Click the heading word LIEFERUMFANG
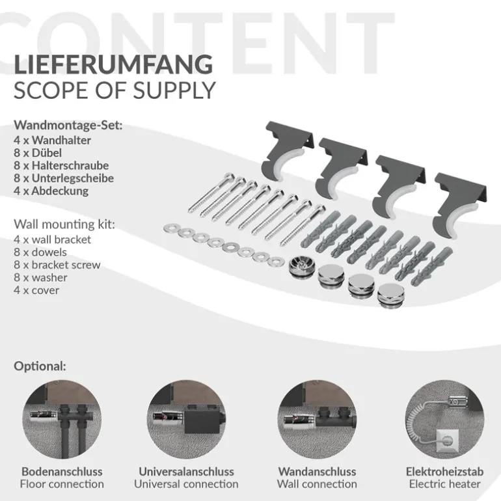click(x=113, y=64)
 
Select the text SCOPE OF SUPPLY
click(x=115, y=90)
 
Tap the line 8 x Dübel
click(x=38, y=153)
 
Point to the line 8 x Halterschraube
click(x=61, y=165)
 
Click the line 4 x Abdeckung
click(x=51, y=191)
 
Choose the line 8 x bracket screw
click(x=57, y=265)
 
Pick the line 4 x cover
click(x=36, y=290)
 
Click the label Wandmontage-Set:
click(x=68, y=125)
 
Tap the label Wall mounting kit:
click(x=64, y=224)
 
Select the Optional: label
click(x=40, y=366)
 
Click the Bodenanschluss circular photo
click(x=62, y=419)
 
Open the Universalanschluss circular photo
click(x=186, y=419)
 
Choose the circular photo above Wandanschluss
click(x=317, y=419)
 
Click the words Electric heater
click(x=445, y=484)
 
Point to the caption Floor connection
click(x=62, y=484)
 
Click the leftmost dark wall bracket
click(x=287, y=150)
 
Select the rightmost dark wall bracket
click(x=459, y=204)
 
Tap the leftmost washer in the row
click(x=171, y=228)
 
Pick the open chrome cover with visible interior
click(x=302, y=267)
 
